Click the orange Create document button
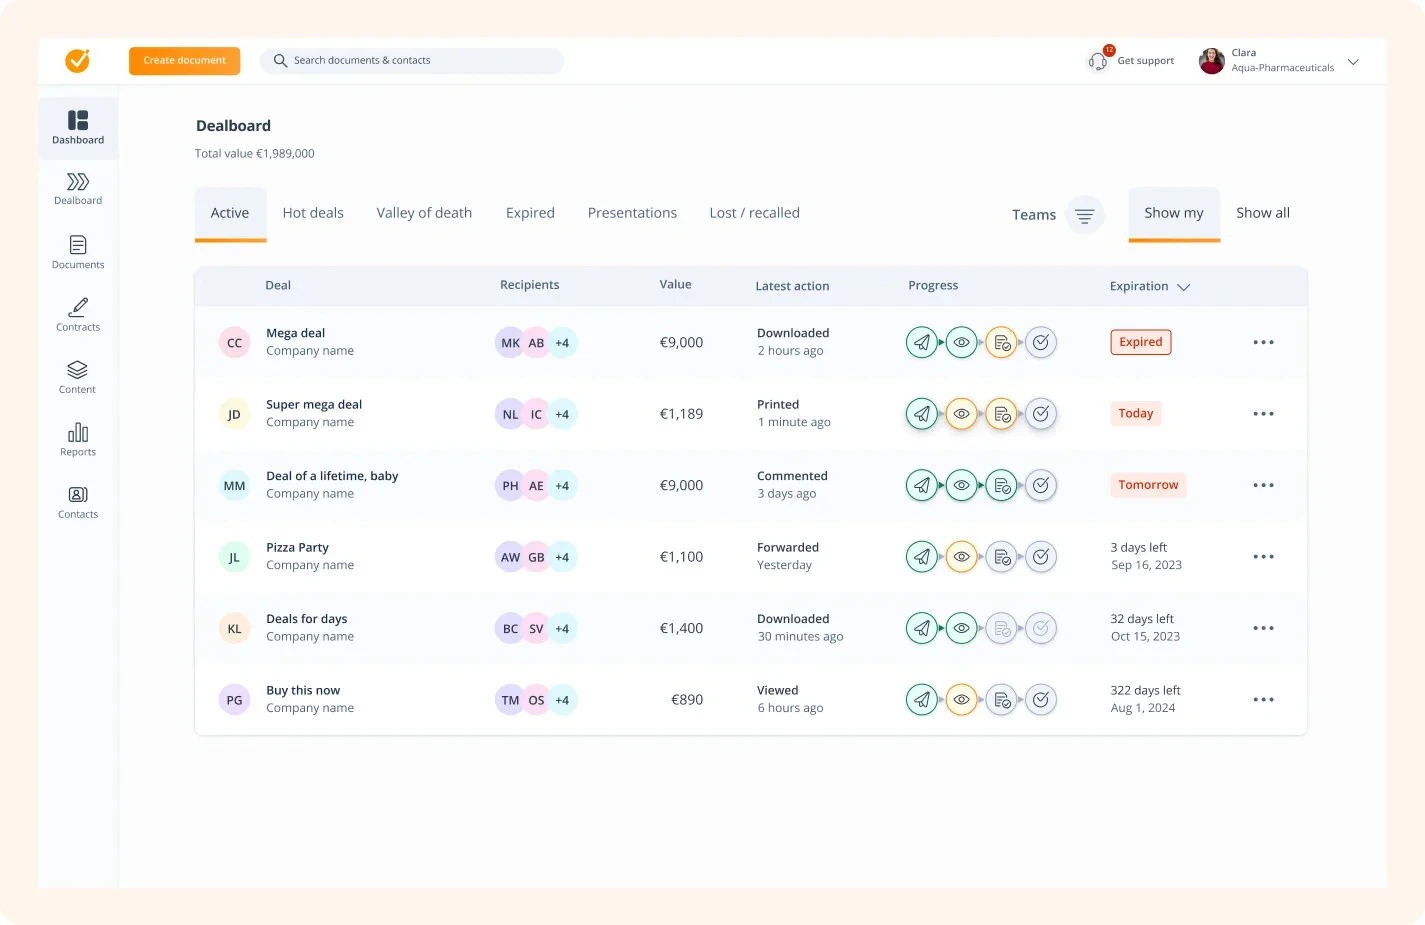(x=184, y=61)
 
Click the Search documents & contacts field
(x=412, y=61)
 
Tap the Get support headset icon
(x=1098, y=61)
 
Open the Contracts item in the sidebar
(x=78, y=314)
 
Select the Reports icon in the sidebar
(x=78, y=438)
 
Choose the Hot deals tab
(x=313, y=213)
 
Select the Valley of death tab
(x=424, y=213)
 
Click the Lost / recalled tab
(x=754, y=213)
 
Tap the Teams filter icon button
(x=1084, y=215)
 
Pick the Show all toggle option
(x=1262, y=213)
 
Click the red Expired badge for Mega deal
(x=1140, y=342)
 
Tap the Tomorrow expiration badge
(x=1148, y=485)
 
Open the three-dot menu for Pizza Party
(x=1263, y=557)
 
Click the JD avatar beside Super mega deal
(x=234, y=414)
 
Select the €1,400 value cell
(x=681, y=628)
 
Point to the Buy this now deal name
(x=303, y=690)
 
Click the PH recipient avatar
(x=510, y=486)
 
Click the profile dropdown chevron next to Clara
(x=1353, y=62)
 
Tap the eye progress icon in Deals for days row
(x=961, y=628)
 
